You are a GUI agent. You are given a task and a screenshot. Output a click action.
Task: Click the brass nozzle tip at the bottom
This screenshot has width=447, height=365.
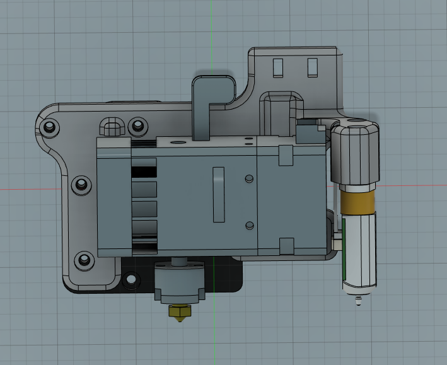tap(180, 313)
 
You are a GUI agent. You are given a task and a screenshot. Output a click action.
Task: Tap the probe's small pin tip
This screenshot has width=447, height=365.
tap(359, 301)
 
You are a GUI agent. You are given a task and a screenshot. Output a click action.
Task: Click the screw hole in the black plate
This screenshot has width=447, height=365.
tap(131, 278)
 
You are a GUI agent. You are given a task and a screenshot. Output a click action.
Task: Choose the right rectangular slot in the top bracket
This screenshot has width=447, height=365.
tap(312, 67)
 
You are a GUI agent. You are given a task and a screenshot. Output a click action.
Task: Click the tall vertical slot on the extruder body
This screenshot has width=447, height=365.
tap(218, 195)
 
